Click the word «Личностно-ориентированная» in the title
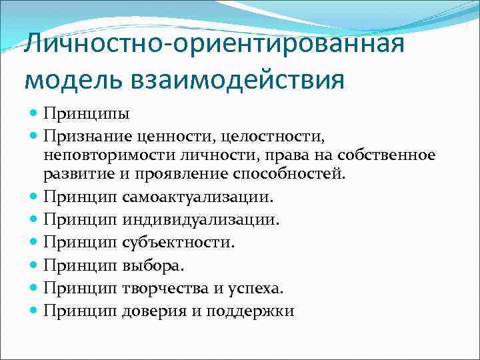[x=213, y=47]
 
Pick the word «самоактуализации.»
[x=198, y=197]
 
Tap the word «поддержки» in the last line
[x=251, y=311]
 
